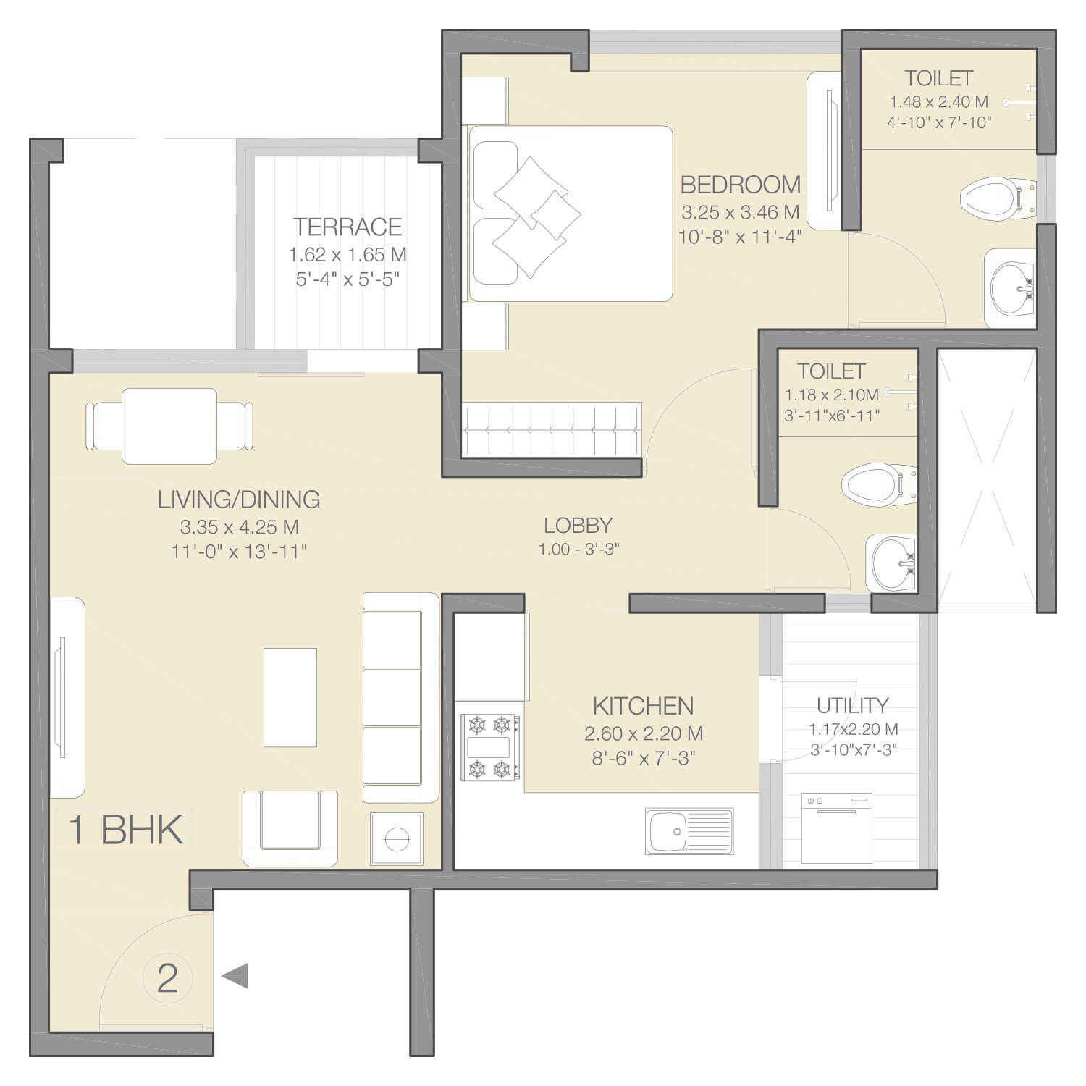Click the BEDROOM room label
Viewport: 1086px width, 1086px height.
741,185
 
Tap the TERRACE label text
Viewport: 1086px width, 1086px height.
348,227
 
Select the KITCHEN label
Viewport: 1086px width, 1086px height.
644,706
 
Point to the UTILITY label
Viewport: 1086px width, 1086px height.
852,705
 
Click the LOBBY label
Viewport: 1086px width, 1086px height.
578,525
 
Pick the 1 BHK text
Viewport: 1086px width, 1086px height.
125,830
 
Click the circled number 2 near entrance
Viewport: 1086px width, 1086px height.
167,978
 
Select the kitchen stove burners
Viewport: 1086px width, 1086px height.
491,747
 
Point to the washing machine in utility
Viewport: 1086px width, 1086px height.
836,828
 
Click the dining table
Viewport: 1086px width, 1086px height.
169,426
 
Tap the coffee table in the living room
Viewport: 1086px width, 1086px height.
290,697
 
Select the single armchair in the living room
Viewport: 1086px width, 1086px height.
290,828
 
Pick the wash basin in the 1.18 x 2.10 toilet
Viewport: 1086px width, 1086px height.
891,563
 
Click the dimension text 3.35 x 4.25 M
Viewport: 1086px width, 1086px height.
240,527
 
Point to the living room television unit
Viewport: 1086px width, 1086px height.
67,697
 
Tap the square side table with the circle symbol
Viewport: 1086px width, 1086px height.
396,838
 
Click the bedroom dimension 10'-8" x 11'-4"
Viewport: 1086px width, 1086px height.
740,237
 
